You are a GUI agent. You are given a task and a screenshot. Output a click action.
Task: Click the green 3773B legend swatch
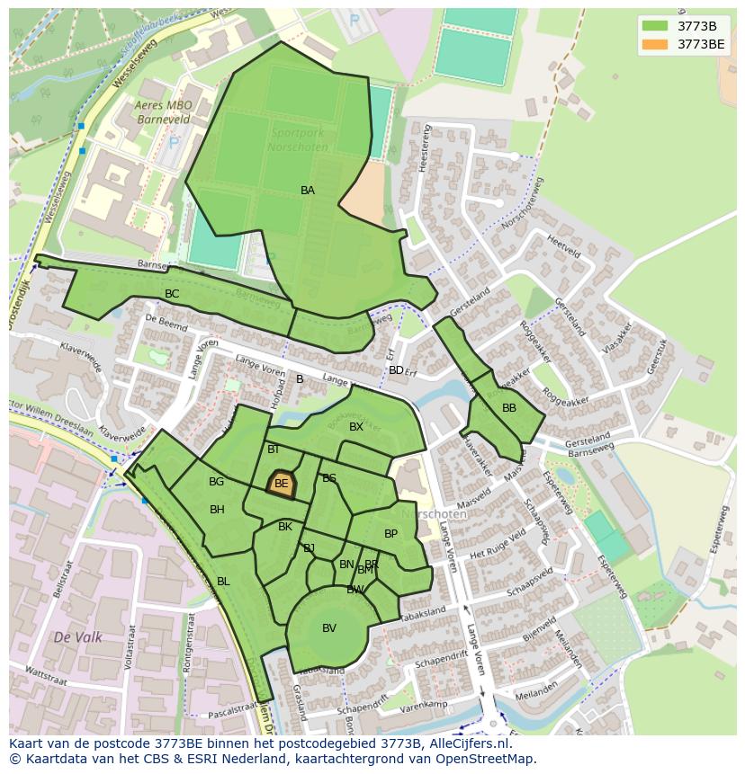[x=655, y=26]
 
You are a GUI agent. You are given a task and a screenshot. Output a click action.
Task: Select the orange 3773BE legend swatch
[x=655, y=44]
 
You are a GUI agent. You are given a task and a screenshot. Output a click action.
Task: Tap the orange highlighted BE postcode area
[x=282, y=484]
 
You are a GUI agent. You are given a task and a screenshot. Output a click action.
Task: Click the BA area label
[x=308, y=191]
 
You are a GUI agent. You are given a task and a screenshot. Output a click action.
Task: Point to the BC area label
[x=172, y=294]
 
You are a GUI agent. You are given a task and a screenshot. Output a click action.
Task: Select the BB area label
[x=509, y=408]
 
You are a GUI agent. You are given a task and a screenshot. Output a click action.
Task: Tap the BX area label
[x=356, y=427]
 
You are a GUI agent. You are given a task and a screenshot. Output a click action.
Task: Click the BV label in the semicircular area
[x=329, y=628]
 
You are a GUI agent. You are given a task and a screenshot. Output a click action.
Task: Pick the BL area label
[x=223, y=582]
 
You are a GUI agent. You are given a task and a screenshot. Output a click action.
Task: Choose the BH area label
[x=217, y=510]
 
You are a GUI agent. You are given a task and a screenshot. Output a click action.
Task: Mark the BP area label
[x=390, y=534]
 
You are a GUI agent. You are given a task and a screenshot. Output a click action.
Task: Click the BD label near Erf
[x=396, y=370]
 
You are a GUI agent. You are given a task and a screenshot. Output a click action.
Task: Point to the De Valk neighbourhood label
[x=77, y=637]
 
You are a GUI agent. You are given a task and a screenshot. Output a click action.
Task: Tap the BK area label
[x=285, y=527]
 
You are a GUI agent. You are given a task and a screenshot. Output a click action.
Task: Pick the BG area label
[x=216, y=482]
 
